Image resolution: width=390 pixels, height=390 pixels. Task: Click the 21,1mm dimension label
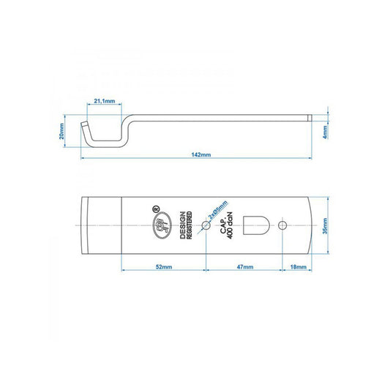pos(104,102)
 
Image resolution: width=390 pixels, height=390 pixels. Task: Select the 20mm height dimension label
pos(63,130)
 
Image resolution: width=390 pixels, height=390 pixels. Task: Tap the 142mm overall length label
pos(200,156)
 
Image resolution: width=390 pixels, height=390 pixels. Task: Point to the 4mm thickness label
pos(326,130)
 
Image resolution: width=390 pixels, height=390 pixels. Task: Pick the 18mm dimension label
pos(298,268)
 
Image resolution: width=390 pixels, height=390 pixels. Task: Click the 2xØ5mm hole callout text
pos(217,211)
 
